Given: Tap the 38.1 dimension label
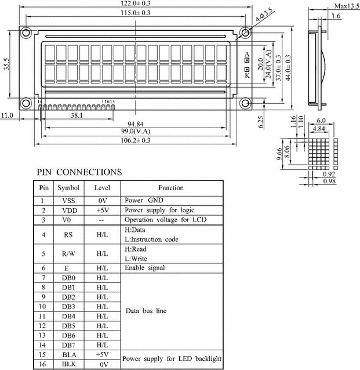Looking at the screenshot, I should tap(76, 116).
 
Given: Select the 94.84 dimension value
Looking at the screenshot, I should tap(136, 124).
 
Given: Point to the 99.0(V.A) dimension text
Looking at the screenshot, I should tap(136, 132).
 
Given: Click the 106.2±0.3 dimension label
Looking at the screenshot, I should tap(136, 140).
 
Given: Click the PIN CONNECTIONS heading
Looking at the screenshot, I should tap(79, 172).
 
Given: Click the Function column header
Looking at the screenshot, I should tap(170, 188).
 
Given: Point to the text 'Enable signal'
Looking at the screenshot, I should tap(144, 268).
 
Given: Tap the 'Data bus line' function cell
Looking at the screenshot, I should tap(146, 311).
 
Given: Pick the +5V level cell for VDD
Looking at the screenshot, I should tap(102, 210).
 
